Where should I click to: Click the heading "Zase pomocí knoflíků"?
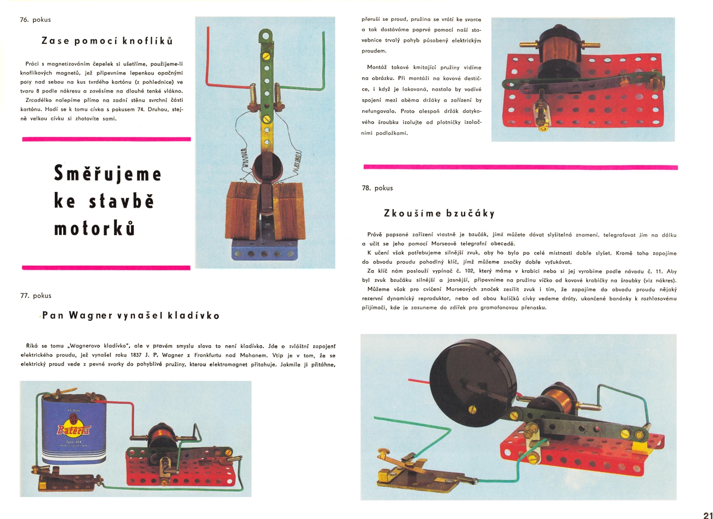click(107, 41)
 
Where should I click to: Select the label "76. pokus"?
click(35, 20)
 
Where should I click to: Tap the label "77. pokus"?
click(36, 295)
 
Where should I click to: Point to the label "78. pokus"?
click(377, 188)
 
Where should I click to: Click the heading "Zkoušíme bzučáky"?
click(439, 213)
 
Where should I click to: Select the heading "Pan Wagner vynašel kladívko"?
click(131, 316)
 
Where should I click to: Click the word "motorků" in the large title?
click(94, 228)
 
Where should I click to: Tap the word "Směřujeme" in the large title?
click(108, 174)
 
